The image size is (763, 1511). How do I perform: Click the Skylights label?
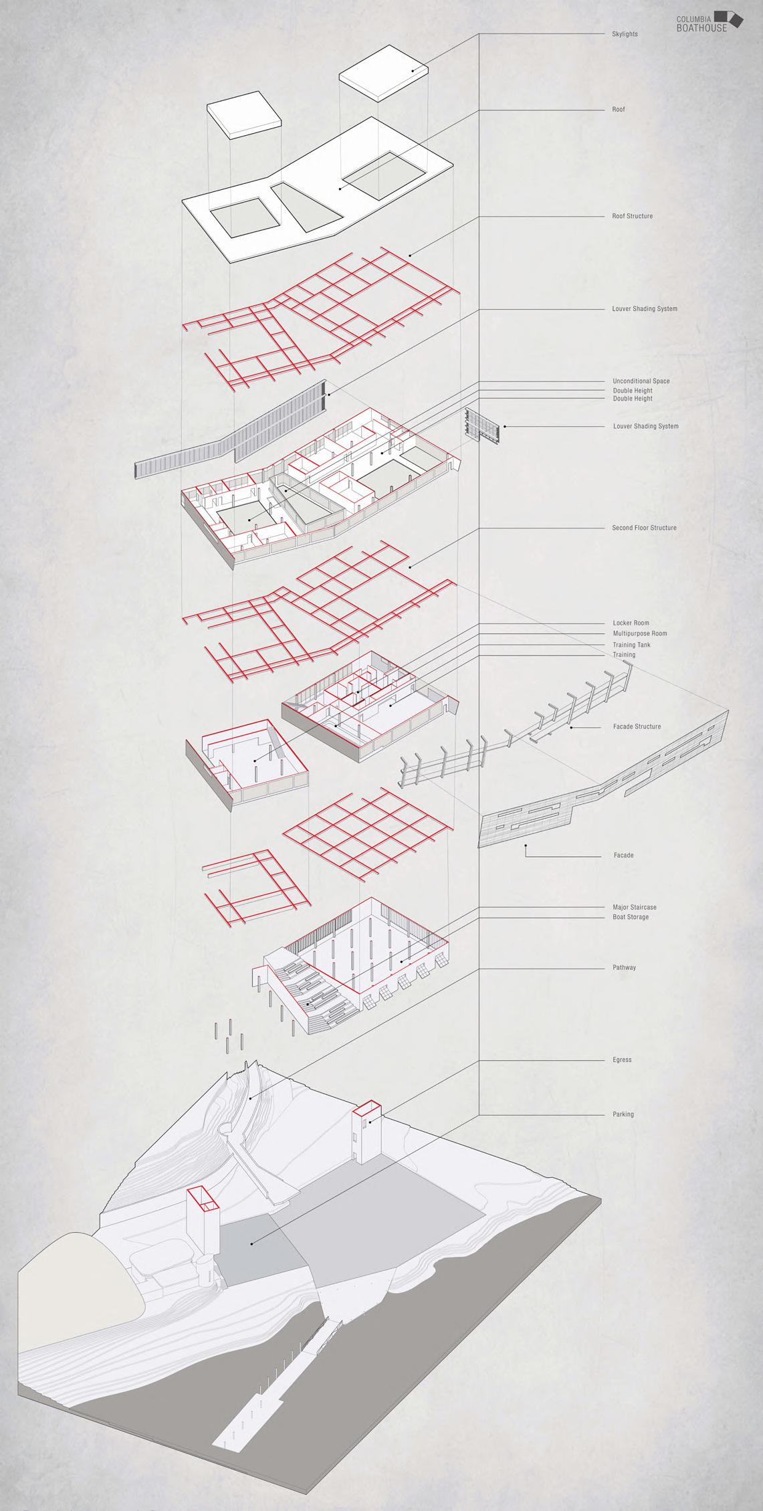[625, 33]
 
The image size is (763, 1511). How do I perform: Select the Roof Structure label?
[632, 216]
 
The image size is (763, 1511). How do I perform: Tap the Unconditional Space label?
[641, 381]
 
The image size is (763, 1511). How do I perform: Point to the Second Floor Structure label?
[644, 528]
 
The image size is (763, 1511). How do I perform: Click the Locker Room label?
[631, 623]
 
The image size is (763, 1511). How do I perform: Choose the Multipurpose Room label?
[639, 633]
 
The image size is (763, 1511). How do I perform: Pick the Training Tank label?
[631, 645]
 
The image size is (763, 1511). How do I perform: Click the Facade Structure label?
[636, 726]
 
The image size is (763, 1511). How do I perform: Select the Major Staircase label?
[635, 908]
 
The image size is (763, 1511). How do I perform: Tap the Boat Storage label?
[631, 917]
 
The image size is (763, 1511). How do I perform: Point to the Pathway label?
[623, 968]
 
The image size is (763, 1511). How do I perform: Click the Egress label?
[621, 1060]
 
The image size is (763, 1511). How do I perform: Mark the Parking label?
[623, 1114]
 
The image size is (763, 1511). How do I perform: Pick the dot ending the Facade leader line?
[526, 846]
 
